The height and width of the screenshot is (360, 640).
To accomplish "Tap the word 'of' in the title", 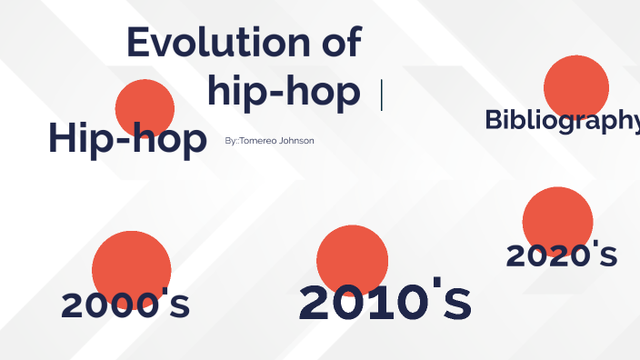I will pos(335,43).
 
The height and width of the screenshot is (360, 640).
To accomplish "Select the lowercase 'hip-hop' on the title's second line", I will pos(283,92).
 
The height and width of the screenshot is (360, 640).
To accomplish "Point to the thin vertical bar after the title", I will pos(381,95).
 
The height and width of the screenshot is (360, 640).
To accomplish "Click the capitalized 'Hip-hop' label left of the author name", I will pos(127,139).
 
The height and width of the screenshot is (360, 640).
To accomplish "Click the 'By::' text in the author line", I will pos(231,141).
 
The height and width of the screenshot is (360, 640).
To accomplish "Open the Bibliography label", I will pos(562,120).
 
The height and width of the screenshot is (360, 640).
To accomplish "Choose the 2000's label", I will pos(125,305).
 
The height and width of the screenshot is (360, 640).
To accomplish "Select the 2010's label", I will pos(385,303).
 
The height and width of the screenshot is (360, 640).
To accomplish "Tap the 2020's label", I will pos(562,255).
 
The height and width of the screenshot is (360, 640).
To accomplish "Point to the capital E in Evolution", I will pos(139,43).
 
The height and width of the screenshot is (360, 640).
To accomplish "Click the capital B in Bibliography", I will pos(494,120).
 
